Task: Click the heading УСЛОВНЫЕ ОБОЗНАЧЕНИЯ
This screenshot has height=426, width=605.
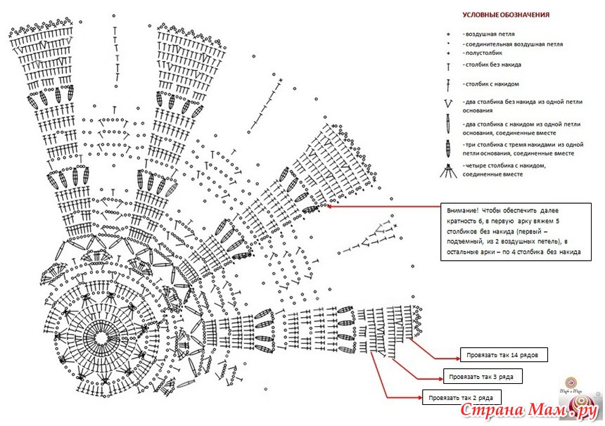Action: [506, 15]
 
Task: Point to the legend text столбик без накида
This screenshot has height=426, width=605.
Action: [492, 65]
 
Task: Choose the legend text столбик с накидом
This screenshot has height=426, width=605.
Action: [490, 84]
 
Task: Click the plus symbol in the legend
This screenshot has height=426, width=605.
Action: [448, 53]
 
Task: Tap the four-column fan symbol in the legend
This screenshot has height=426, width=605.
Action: [447, 169]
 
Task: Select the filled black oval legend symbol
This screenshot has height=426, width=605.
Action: [448, 148]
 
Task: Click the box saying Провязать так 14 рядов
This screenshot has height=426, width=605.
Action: [503, 354]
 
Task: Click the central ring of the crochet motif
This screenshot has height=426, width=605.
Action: [103, 337]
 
